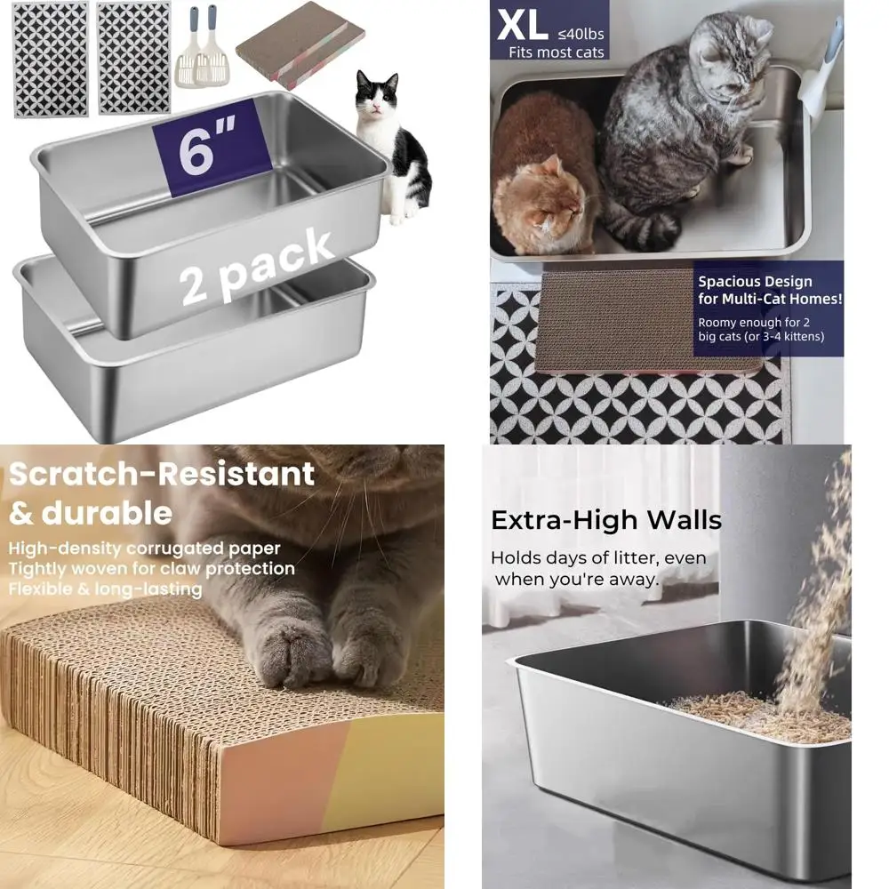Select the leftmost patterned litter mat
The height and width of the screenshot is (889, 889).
[51, 59]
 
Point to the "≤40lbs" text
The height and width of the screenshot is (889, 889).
[581, 34]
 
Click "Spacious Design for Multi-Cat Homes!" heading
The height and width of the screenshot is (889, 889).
[769, 290]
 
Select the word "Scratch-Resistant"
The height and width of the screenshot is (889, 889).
[162, 474]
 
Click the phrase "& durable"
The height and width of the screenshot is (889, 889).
[91, 513]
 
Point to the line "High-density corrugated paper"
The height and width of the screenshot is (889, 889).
[145, 549]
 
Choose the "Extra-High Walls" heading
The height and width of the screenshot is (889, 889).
[605, 520]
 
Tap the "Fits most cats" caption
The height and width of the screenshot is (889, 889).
[557, 52]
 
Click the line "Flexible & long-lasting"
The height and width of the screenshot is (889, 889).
[106, 589]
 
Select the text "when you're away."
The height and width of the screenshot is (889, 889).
[577, 580]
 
